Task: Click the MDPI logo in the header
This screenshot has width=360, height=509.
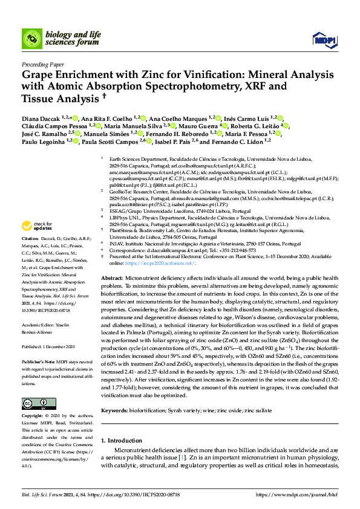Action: click(x=324, y=39)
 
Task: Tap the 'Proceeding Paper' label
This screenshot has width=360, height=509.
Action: click(x=43, y=63)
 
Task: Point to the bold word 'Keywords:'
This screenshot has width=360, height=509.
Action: click(x=114, y=394)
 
